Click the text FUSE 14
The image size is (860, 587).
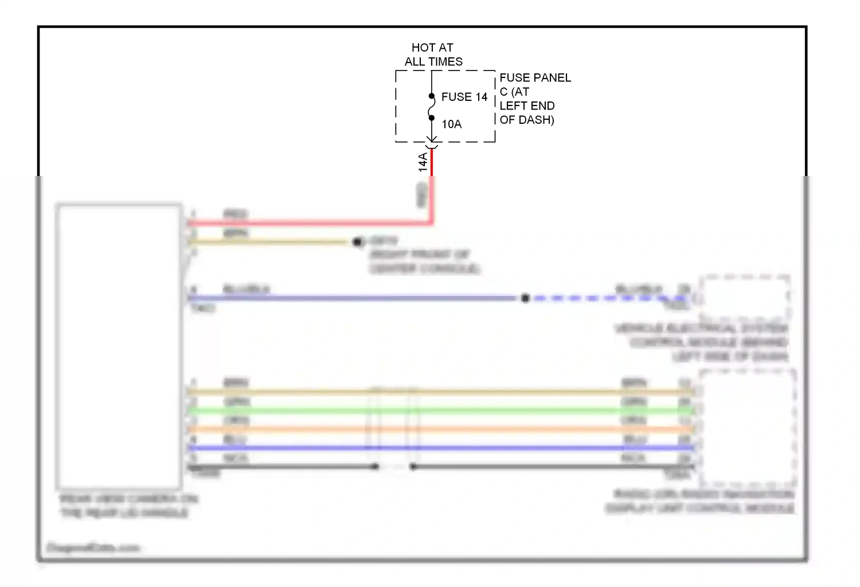[x=464, y=97]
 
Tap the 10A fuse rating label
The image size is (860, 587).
[x=451, y=124]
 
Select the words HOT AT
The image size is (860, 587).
[x=432, y=48]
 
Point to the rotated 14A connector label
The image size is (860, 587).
[x=423, y=162]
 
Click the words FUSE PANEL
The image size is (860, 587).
[x=535, y=77]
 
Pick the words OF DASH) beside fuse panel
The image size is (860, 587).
[x=526, y=120]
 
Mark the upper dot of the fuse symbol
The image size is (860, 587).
[x=432, y=96]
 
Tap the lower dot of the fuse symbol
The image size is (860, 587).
[x=432, y=118]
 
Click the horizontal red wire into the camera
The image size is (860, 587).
[x=310, y=223]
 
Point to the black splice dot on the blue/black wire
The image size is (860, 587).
[x=525, y=298]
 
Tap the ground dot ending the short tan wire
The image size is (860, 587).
[x=358, y=242]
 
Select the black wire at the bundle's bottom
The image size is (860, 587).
[x=516, y=467]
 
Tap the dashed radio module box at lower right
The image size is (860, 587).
[x=747, y=426]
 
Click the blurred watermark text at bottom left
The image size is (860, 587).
[x=93, y=548]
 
